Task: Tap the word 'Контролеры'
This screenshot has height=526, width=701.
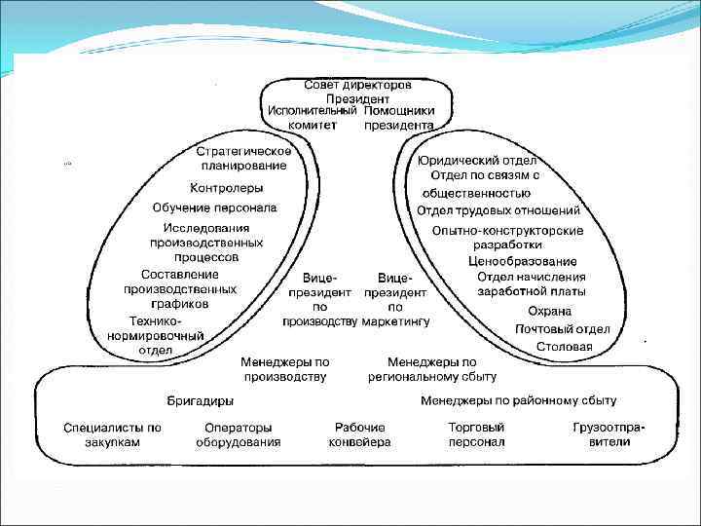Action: [226, 188]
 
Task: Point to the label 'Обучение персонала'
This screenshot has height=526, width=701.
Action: [214, 207]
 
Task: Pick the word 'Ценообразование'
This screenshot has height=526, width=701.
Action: [523, 261]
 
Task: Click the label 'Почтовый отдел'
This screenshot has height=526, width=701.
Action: [563, 328]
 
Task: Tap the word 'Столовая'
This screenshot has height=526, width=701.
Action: [567, 346]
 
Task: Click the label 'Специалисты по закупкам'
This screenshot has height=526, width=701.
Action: [112, 434]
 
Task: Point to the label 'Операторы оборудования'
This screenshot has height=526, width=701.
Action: [238, 434]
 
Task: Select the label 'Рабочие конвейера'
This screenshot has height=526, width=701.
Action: [359, 434]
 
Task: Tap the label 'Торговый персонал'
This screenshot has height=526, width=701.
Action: [476, 434]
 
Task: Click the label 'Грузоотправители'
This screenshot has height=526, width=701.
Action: [609, 434]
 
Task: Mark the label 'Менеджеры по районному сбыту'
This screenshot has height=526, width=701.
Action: [518, 400]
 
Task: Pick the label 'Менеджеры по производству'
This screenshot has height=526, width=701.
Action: [285, 369]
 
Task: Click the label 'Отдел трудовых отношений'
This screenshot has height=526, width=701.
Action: [498, 209]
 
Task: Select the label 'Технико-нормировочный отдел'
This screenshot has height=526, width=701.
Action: [155, 336]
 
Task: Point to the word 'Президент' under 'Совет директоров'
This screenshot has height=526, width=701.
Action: [358, 98]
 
